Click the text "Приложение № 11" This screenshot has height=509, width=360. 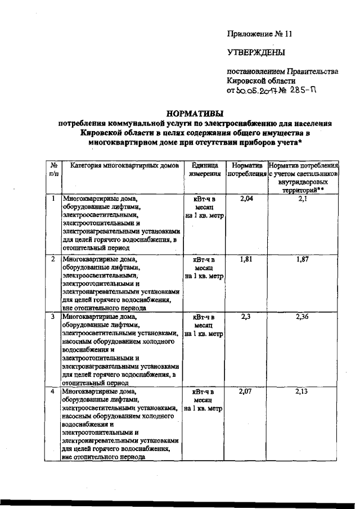(x=260, y=33)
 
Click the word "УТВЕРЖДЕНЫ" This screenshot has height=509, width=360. (x=256, y=53)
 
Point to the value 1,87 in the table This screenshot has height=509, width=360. (x=303, y=259)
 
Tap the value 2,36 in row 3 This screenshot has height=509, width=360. (x=303, y=317)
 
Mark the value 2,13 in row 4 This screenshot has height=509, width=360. (x=303, y=391)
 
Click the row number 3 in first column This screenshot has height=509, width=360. (x=53, y=317)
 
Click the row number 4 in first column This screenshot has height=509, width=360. (x=53, y=391)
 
